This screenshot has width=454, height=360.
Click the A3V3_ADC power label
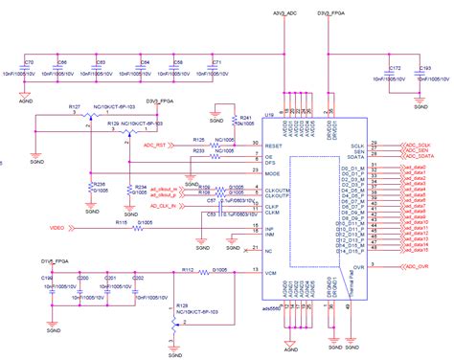285,14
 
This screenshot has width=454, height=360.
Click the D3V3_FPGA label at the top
332,14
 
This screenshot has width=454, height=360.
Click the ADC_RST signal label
155,146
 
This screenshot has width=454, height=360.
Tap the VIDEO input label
57,229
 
